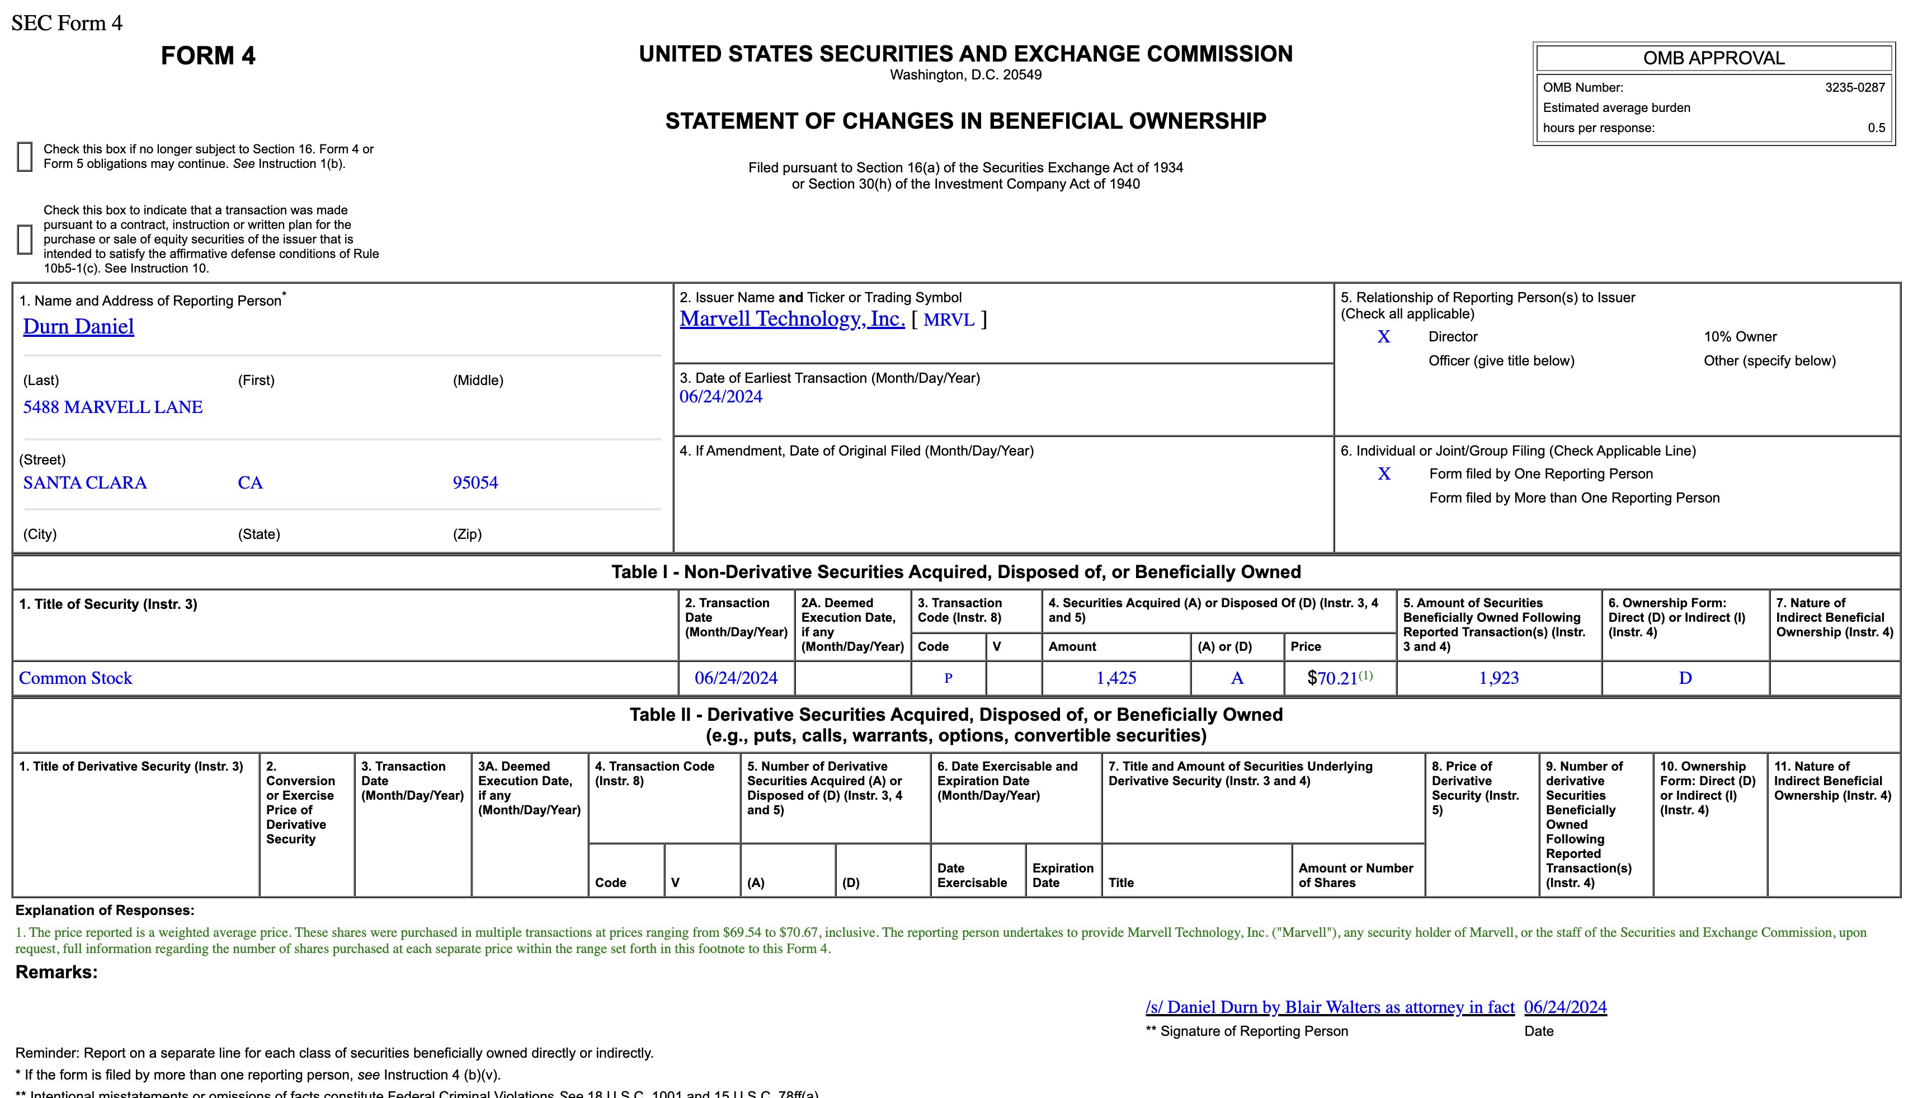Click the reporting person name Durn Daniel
click(x=78, y=326)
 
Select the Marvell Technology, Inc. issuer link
click(x=791, y=319)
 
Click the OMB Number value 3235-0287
click(x=1854, y=87)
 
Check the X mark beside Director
click(x=1384, y=337)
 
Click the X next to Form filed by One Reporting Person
click(x=1384, y=473)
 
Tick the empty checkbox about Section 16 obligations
click(x=25, y=157)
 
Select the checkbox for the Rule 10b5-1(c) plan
click(x=25, y=239)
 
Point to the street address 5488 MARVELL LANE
click(x=113, y=407)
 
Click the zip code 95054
click(x=475, y=482)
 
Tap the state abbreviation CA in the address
click(x=250, y=482)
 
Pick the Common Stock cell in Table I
click(x=76, y=678)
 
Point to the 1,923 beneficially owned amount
click(x=1499, y=678)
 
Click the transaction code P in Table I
click(x=948, y=678)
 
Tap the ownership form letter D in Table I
click(x=1685, y=678)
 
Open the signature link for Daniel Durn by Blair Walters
click(x=1330, y=1007)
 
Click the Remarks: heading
click(x=56, y=972)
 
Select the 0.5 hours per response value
click(x=1876, y=128)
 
